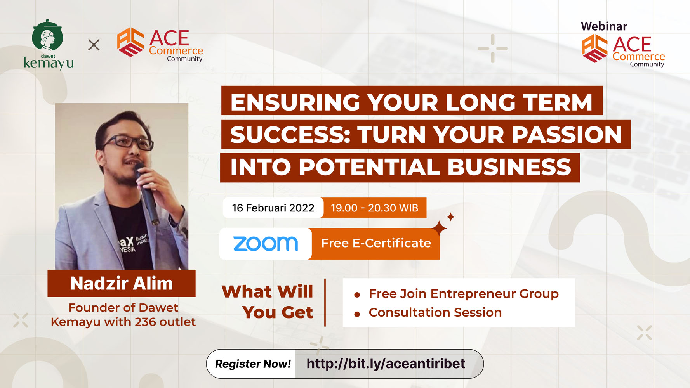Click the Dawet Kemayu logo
[48, 44]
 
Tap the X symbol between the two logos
[94, 45]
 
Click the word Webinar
[604, 26]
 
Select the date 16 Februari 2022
[273, 208]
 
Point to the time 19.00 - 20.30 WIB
[374, 208]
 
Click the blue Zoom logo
[266, 244]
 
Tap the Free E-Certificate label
[376, 243]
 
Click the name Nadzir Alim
[122, 283]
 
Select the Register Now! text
[253, 364]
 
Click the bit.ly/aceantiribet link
[386, 364]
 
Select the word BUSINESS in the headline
[509, 167]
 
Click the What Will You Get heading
[267, 302]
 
